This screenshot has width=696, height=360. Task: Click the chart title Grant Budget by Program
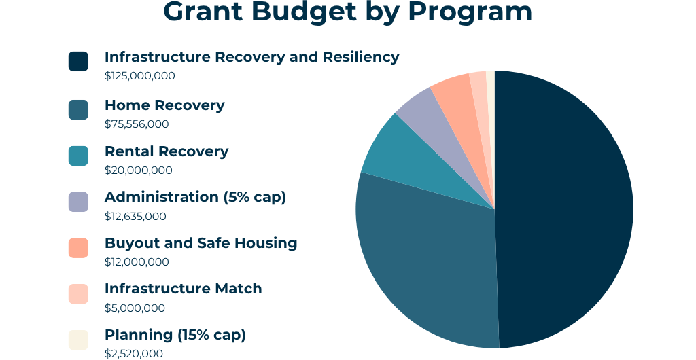click(x=347, y=12)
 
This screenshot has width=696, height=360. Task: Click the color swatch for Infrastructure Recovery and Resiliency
click(x=78, y=61)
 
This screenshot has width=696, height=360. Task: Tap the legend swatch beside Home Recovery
click(x=78, y=109)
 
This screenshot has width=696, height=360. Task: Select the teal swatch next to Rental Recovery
click(x=78, y=156)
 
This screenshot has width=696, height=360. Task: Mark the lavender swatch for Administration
click(x=78, y=202)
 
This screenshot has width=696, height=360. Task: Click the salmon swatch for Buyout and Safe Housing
click(x=78, y=248)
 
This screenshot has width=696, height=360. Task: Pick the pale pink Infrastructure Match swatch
click(x=78, y=294)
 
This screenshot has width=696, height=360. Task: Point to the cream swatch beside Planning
click(x=78, y=340)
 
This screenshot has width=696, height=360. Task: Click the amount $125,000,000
click(x=140, y=76)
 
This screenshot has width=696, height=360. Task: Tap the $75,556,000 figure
click(x=137, y=124)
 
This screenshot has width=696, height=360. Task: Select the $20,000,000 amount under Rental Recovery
click(x=139, y=170)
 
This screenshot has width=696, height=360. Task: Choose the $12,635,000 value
click(x=135, y=217)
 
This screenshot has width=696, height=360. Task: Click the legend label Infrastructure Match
click(x=184, y=289)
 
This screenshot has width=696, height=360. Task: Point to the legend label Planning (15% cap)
click(x=175, y=335)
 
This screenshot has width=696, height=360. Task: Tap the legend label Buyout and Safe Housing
click(x=201, y=243)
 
